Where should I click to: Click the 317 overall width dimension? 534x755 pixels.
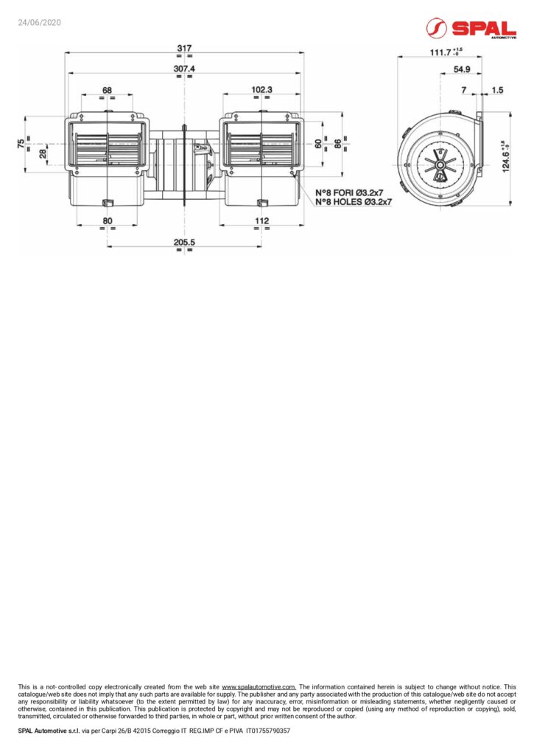pos(184,48)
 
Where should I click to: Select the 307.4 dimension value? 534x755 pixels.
pos(184,69)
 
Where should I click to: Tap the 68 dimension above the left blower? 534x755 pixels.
pos(107,90)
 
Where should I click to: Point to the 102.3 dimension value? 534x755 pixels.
pos(261,89)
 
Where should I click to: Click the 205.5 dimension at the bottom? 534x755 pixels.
pos(184,242)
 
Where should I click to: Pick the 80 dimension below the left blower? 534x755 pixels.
pos(108,221)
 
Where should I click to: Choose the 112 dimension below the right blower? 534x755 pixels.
pos(261,221)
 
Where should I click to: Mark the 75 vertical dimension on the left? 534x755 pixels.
pos(21,144)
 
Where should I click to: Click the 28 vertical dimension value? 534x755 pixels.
pos(43,153)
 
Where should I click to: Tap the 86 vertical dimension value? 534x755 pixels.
pos(338,144)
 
